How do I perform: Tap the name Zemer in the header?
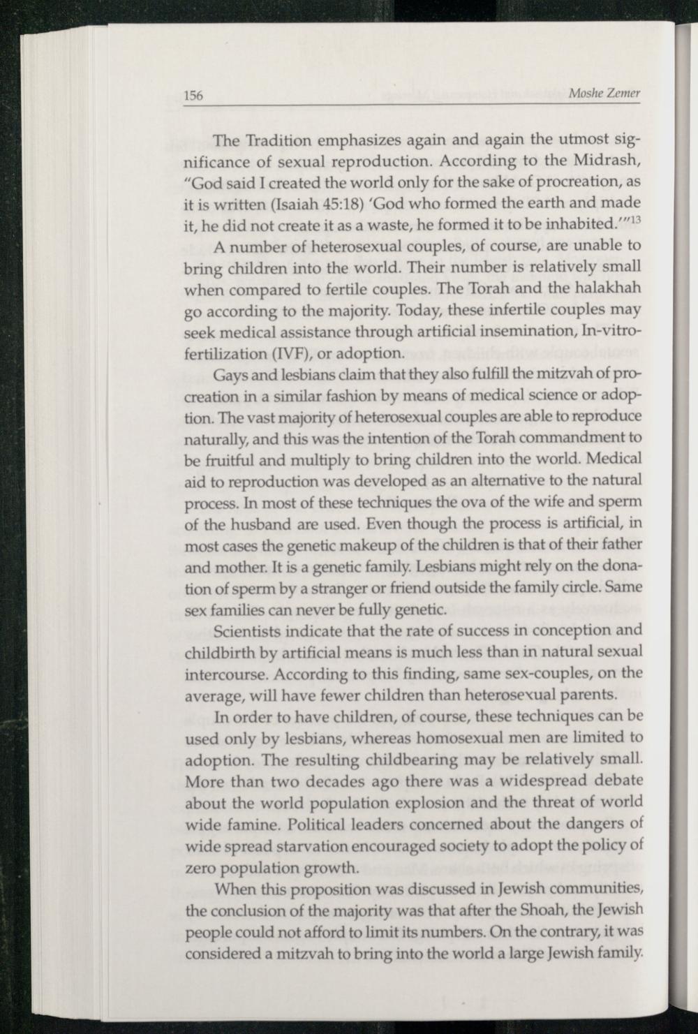tap(623, 94)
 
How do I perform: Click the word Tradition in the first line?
tap(277, 140)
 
